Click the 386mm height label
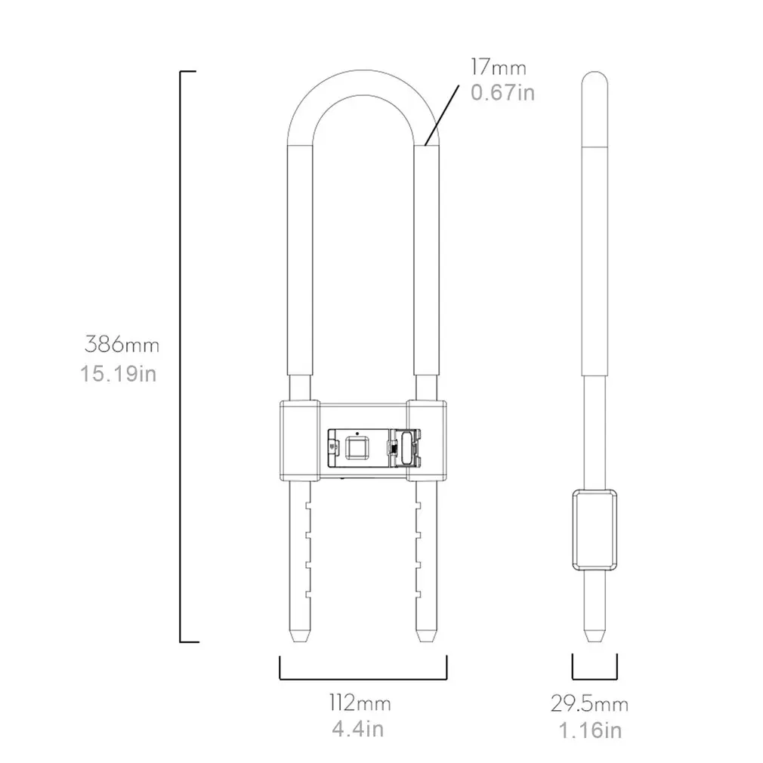(x=122, y=346)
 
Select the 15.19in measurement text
(x=119, y=373)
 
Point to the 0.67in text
(x=502, y=92)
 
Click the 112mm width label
(x=359, y=704)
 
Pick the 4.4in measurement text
(x=358, y=730)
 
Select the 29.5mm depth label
(x=589, y=705)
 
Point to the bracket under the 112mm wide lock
(x=363, y=677)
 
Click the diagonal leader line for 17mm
(x=443, y=113)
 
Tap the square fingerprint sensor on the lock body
(x=354, y=446)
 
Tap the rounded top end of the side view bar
(x=595, y=78)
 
